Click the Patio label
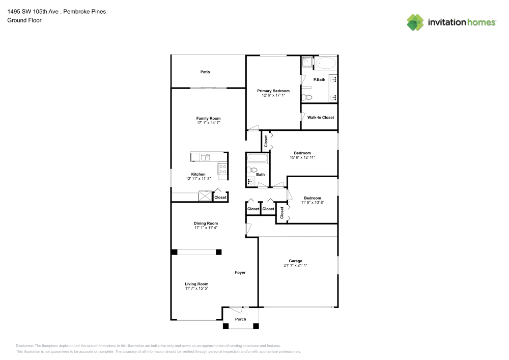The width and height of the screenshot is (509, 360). pos(205,72)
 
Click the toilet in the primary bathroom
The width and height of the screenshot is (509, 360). pos(307,97)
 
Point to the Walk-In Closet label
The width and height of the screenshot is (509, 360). pos(321,118)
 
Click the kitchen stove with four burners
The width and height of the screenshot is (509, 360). pos(222,169)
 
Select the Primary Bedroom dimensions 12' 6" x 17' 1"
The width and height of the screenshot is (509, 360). pos(273,95)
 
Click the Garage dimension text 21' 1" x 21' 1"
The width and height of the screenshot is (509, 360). pos(295,265)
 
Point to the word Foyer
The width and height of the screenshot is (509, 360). pos(240,272)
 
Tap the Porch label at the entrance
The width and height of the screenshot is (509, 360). pos(240,319)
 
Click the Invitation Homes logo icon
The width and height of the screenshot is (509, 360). pos(415,22)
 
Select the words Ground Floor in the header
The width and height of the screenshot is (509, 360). pos(24,20)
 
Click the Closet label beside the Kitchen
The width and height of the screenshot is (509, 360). pos(220,197)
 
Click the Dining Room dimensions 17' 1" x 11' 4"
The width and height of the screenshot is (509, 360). pos(206,228)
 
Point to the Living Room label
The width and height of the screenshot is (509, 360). pos(196,284)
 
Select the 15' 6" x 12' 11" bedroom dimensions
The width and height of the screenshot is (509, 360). pos(302,157)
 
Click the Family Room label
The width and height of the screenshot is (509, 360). pos(208,118)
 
